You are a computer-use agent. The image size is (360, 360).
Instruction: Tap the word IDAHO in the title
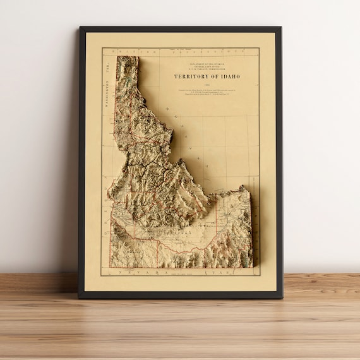point(229,76)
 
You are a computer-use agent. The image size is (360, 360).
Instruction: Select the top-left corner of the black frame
point(80,27)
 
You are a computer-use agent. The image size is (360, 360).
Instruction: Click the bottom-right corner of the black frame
point(282,297)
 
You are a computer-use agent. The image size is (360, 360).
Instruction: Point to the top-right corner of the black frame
point(282,27)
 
